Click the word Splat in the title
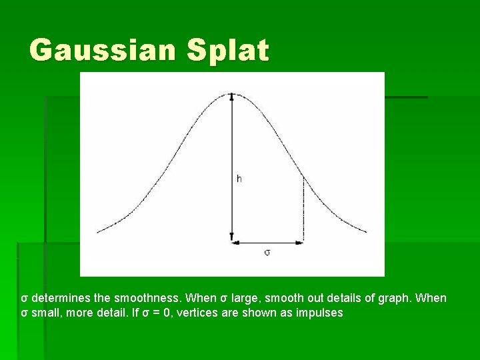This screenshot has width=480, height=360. [x=228, y=50]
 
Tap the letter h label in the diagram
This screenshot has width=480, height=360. [x=239, y=179]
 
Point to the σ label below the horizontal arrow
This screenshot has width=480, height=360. [x=267, y=253]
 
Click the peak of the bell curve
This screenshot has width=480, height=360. [x=231, y=94]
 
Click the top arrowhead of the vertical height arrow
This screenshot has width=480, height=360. [x=231, y=97]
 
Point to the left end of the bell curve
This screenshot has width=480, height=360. [x=98, y=232]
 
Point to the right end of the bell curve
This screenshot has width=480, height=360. [x=365, y=232]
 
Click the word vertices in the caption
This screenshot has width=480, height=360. [x=198, y=312]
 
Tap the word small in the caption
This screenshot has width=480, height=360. [x=43, y=312]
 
